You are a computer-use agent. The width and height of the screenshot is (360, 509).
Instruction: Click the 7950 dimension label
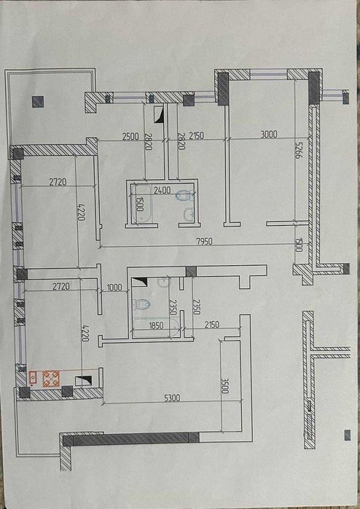(x=204, y=241)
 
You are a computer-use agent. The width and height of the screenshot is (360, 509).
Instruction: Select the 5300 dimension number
(x=172, y=398)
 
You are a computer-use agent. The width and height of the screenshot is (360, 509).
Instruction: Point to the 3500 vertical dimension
(x=224, y=386)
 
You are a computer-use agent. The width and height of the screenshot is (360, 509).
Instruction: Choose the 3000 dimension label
(x=269, y=134)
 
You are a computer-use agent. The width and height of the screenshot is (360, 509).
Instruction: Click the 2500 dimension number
(x=130, y=136)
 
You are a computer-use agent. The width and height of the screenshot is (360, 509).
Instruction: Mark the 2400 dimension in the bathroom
(x=162, y=190)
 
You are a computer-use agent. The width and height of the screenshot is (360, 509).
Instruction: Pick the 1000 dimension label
(x=114, y=287)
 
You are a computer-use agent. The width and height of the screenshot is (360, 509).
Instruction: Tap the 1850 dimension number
(x=156, y=325)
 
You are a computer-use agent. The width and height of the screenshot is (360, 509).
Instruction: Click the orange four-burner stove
(x=51, y=379)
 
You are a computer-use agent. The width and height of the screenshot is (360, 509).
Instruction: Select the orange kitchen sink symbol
(x=33, y=377)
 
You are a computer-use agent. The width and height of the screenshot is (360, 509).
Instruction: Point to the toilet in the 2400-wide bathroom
(x=184, y=195)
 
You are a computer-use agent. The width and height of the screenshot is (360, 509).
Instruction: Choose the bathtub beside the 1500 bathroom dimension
(x=141, y=204)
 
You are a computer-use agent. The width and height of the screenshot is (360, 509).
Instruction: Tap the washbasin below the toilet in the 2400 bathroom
(x=189, y=214)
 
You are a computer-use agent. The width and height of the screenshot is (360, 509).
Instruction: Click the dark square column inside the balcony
(x=38, y=102)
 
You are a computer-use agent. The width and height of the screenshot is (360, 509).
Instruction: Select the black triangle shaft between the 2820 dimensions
(x=159, y=114)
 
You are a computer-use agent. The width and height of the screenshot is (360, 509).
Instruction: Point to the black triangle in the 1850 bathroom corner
(x=139, y=282)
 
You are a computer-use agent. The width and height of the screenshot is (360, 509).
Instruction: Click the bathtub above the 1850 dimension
(x=156, y=328)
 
